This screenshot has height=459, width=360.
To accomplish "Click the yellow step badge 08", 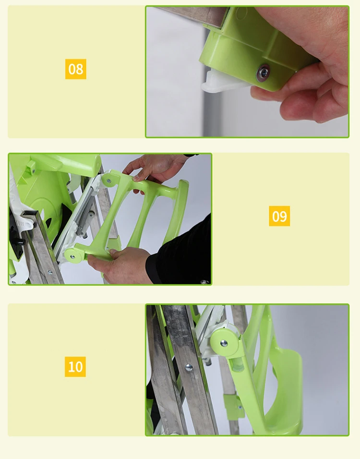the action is point(75,69).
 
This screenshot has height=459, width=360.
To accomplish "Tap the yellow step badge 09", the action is point(279,216).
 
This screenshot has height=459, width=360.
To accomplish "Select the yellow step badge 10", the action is point(75,366).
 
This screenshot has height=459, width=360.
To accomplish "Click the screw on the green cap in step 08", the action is point(264,72).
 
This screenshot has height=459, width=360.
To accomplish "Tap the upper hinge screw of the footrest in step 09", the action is point(109,181).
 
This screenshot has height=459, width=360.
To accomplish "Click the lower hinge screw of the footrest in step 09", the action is point(72,257).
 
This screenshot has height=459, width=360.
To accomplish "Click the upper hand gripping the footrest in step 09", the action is point(155,170).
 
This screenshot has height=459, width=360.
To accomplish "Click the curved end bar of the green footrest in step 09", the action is point(178,211).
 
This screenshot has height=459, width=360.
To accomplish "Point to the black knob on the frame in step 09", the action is point(19,242).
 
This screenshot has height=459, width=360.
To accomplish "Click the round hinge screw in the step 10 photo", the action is point(224,343).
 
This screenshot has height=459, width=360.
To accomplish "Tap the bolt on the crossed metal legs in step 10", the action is point(189,367).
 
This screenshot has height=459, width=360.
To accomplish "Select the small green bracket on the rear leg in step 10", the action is point(234,406).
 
